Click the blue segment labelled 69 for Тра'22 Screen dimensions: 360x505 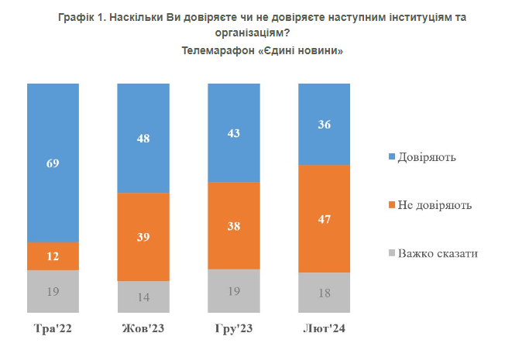point(53,163)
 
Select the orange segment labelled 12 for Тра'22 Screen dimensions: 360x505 point(53,256)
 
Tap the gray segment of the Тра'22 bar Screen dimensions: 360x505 point(53,292)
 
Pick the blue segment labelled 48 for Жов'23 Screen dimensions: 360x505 point(143,138)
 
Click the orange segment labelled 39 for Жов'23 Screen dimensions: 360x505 point(143,236)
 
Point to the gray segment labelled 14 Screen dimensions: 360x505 point(143,297)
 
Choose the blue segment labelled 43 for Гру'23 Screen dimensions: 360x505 point(234,132)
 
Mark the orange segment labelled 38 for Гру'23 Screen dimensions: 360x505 point(234,226)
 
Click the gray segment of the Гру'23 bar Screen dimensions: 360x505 point(234,292)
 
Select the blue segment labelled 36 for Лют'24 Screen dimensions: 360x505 point(325,123)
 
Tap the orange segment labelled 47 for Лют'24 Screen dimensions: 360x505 point(325,219)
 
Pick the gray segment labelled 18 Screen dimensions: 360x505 point(325,293)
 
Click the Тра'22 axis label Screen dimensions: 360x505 point(53,329)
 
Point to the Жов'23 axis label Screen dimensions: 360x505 point(143,329)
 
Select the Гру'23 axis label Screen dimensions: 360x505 point(234,329)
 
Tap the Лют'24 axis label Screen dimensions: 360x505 point(325,329)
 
